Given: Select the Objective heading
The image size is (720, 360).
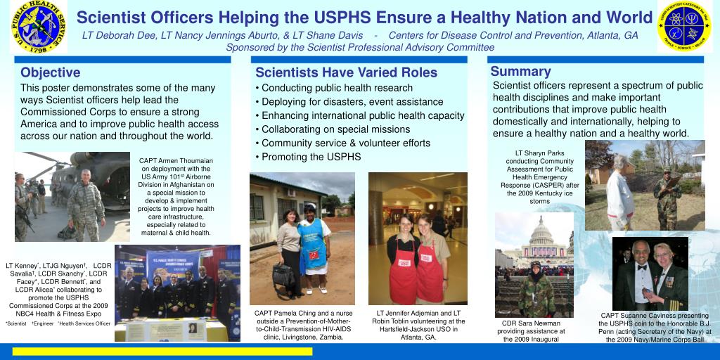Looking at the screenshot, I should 51,72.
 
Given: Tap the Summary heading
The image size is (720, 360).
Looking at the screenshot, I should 520,71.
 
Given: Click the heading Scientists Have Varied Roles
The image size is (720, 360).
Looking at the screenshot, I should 346,72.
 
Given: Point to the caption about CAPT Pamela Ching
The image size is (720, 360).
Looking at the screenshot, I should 304,325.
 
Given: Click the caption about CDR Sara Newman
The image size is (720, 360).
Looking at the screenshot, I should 531,331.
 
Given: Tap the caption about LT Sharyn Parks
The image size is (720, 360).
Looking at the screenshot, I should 540,176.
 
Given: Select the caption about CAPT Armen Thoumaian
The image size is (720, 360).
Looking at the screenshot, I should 176,196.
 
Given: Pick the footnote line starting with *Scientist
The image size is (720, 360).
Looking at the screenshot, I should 58,323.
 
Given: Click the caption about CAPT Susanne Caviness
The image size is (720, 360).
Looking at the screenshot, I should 655,328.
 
